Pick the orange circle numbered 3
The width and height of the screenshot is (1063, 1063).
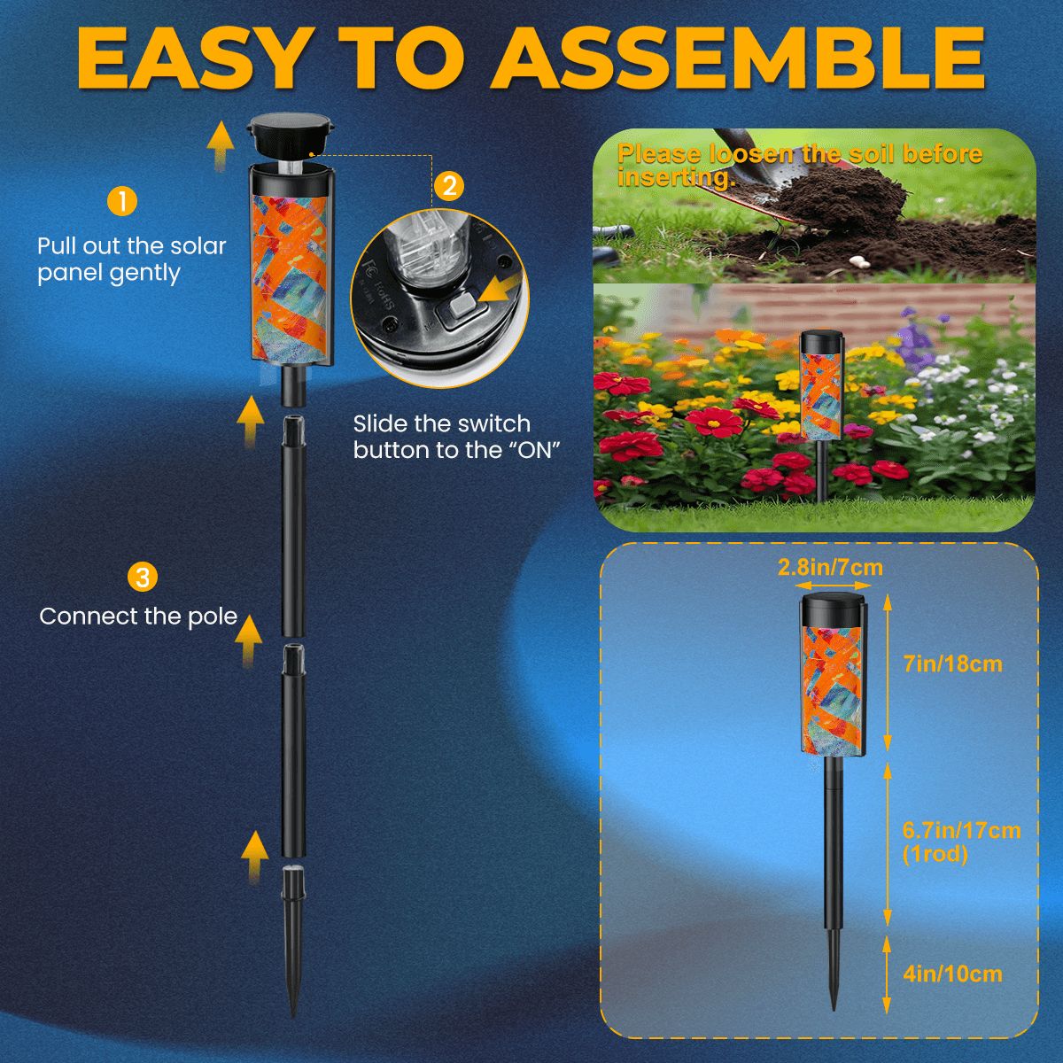[143, 578]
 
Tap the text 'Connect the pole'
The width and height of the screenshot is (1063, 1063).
[139, 617]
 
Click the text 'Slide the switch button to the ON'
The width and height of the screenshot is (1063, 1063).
[458, 437]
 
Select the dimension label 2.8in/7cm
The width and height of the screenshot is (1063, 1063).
[830, 567]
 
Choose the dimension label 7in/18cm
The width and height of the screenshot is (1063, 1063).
[952, 663]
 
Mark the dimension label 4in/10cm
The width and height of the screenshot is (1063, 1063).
[952, 974]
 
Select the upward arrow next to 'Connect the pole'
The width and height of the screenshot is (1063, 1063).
[252, 636]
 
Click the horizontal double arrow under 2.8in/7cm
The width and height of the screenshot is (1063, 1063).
[830, 586]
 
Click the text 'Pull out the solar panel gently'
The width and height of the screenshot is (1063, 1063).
[132, 259]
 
